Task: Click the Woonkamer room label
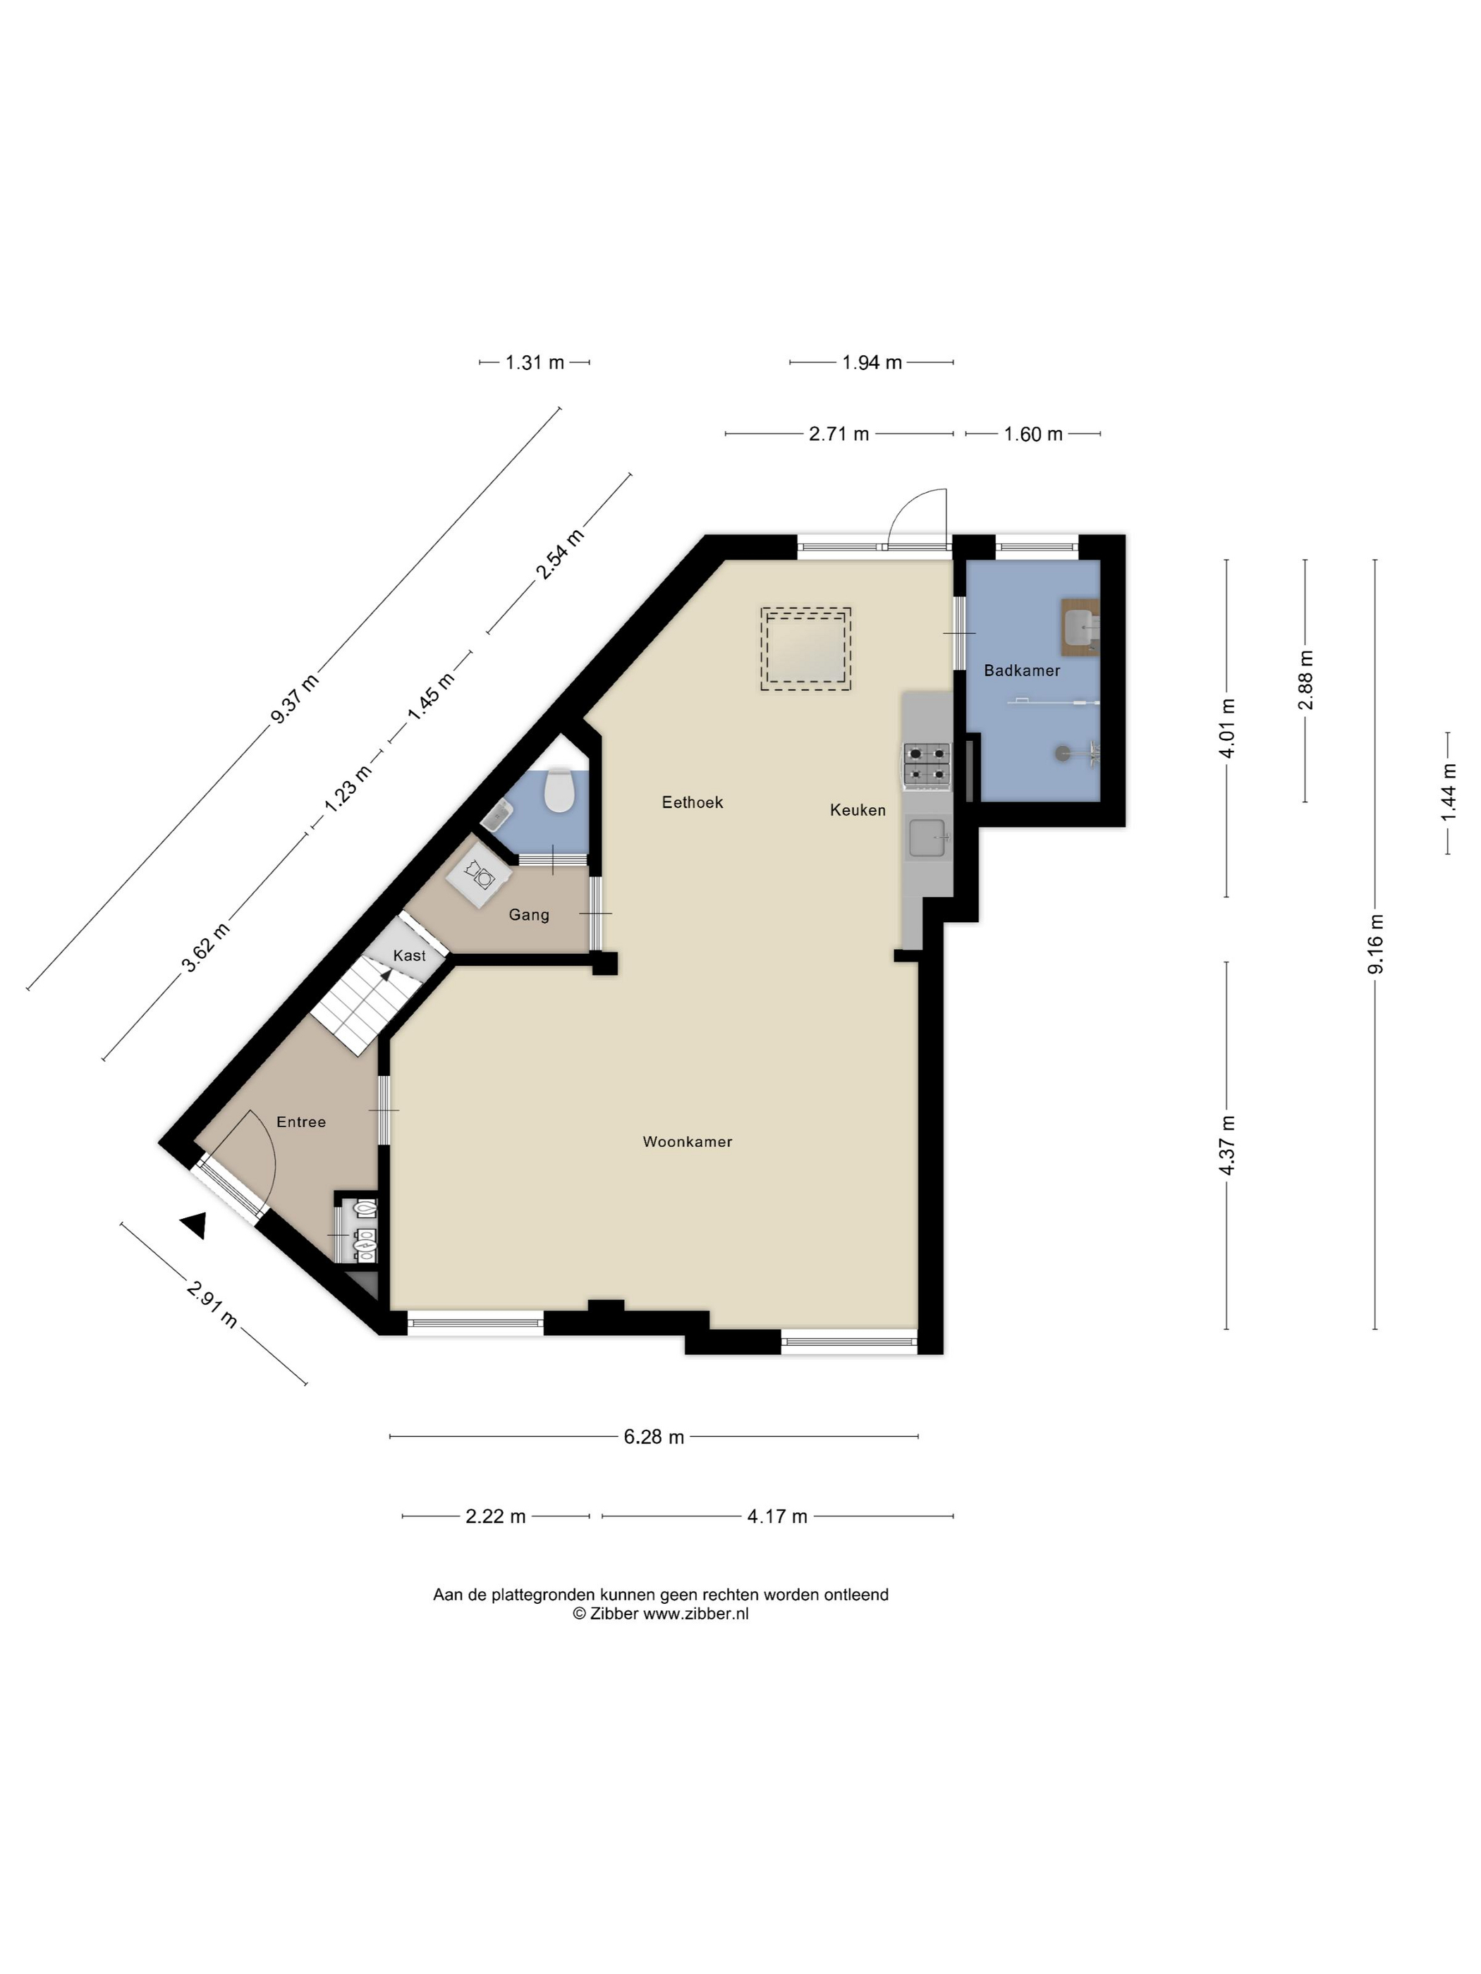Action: (688, 1141)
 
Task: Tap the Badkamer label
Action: (1021, 670)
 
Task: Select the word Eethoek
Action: (692, 802)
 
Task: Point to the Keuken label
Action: (858, 810)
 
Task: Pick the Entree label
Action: (301, 1122)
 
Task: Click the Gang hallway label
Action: (528, 914)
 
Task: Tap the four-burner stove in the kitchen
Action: (927, 766)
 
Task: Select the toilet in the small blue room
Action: (559, 791)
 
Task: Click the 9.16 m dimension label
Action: (1375, 944)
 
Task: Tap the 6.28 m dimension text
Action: (654, 1437)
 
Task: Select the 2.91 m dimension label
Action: (212, 1305)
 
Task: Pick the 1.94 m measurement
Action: (871, 362)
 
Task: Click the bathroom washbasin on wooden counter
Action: (1080, 628)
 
